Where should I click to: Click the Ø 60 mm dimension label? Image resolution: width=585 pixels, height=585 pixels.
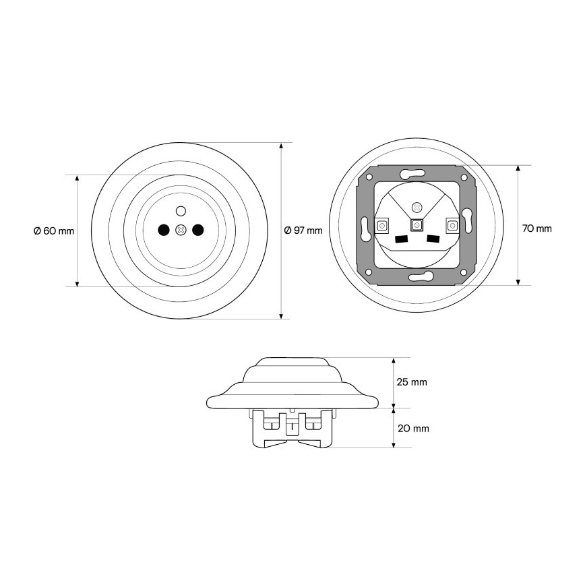tap(54, 231)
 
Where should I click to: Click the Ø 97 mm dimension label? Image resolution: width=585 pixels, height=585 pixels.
tap(303, 230)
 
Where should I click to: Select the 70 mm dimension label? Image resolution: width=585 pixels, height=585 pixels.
tap(537, 228)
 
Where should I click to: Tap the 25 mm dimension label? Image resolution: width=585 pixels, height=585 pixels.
tap(412, 382)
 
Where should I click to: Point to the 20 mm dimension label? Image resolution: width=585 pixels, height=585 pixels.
tap(413, 429)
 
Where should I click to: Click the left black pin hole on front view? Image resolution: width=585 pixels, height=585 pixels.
tap(163, 230)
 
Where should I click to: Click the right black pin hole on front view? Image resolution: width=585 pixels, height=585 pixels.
tap(198, 230)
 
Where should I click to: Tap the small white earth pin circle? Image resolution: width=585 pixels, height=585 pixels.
tap(181, 211)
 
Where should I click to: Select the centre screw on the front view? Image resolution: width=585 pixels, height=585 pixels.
tap(181, 230)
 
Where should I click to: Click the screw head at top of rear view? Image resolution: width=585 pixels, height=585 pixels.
tap(417, 207)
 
